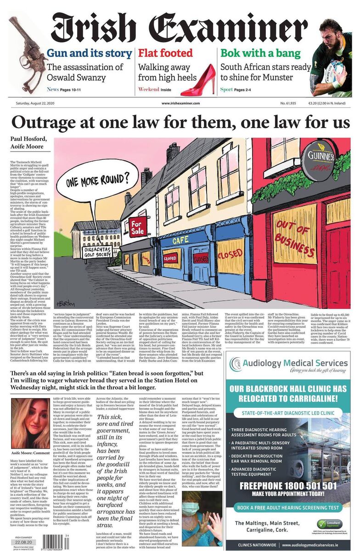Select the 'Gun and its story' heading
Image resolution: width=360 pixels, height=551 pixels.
pos(89,53)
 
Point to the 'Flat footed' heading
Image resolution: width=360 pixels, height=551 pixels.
pos(165,53)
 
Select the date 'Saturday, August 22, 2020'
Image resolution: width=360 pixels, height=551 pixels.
pos(39,104)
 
